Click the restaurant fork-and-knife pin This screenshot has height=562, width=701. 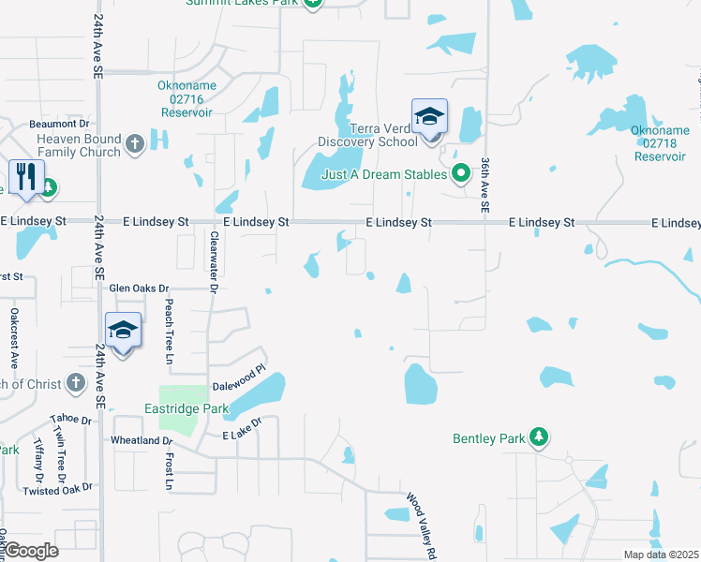pyautogui.click(x=25, y=176)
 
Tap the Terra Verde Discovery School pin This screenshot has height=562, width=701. pyautogui.click(x=429, y=116)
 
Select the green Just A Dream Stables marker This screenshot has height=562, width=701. pyautogui.click(x=460, y=173)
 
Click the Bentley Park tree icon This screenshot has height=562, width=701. pyautogui.click(x=538, y=436)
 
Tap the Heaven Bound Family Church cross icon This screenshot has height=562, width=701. pyautogui.click(x=134, y=144)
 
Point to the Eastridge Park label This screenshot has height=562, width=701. pyautogui.click(x=185, y=408)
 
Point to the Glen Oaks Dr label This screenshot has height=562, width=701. pyautogui.click(x=139, y=288)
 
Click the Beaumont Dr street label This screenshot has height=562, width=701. pyautogui.click(x=58, y=123)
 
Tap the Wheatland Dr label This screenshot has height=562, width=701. pyautogui.click(x=142, y=439)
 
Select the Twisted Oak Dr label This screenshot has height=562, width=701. pyautogui.click(x=58, y=489)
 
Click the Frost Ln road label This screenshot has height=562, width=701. pyautogui.click(x=170, y=471)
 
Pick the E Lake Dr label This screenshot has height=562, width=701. pyautogui.click(x=241, y=436)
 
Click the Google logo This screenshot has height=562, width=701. pyautogui.click(x=32, y=551)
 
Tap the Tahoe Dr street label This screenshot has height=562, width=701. pyautogui.click(x=69, y=419)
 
